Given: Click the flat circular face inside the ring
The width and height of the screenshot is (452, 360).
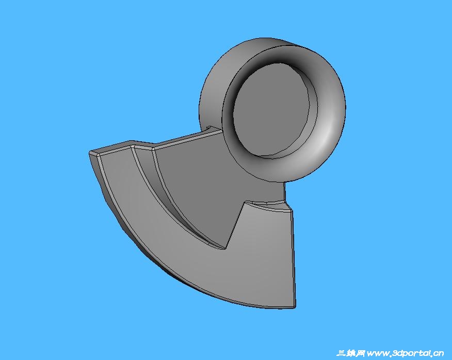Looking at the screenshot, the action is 271,111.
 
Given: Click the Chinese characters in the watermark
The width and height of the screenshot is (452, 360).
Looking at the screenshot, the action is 350,353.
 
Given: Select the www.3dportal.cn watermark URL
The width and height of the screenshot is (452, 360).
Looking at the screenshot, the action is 405,353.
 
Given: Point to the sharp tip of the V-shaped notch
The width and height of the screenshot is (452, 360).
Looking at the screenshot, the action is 225,249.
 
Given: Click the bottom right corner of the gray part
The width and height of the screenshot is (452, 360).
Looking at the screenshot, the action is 295,307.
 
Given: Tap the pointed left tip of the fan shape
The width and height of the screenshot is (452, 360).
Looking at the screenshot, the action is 90,153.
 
